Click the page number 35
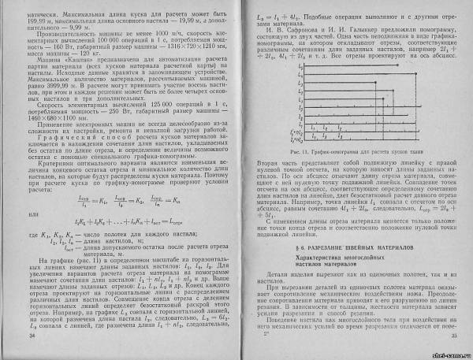(x=444, y=336)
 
